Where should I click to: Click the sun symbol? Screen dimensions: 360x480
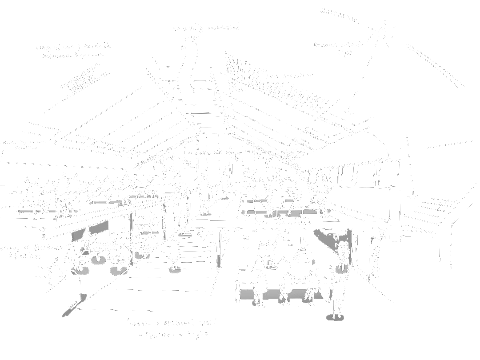pyautogui.click(x=382, y=33)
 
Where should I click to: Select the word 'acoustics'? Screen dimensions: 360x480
pyautogui.click(x=296, y=75)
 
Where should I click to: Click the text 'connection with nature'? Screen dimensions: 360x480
pyautogui.click(x=214, y=153)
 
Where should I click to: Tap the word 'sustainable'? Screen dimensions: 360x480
pyautogui.click(x=95, y=46)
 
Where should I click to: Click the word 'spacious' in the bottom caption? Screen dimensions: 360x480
pyautogui.click(x=160, y=334)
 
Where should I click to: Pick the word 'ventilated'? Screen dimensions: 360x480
pyautogui.click(x=224, y=28)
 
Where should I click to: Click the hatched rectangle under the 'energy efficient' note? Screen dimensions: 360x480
pyautogui.click(x=82, y=80)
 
